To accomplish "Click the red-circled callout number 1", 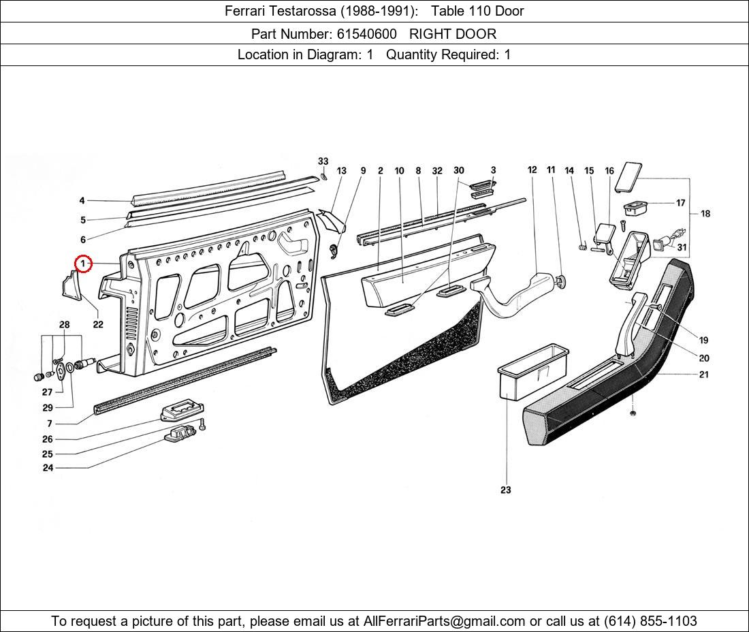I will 82,263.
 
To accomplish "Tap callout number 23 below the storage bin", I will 505,490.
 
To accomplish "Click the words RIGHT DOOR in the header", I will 453,33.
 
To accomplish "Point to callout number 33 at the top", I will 323,161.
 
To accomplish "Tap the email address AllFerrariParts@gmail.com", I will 445,620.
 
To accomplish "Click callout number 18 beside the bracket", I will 705,213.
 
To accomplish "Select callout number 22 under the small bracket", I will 98,324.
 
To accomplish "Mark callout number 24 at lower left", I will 48,468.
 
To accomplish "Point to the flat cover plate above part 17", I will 628,176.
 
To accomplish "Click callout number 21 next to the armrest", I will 703,374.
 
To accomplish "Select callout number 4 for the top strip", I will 82,201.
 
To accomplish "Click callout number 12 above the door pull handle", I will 532,170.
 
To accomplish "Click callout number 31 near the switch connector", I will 682,247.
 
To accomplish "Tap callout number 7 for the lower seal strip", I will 50,424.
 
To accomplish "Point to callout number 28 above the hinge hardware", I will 64,325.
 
